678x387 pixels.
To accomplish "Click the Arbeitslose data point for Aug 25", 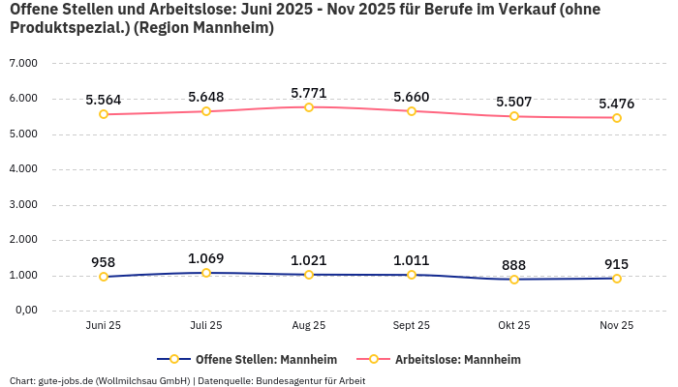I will click(x=309, y=106).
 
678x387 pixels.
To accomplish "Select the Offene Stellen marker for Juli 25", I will click(x=206, y=273).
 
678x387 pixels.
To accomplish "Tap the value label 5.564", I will click(x=104, y=100).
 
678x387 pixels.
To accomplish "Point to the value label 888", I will click(x=514, y=265).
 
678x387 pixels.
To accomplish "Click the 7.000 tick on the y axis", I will click(x=23, y=63).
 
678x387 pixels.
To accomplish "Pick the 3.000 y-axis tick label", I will click(x=23, y=204).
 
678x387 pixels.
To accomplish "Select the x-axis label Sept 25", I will click(x=412, y=326).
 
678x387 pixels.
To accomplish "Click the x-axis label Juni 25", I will click(x=104, y=326).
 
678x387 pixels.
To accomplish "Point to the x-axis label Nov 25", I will click(x=616, y=326).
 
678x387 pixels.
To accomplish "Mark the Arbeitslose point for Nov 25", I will click(x=617, y=118).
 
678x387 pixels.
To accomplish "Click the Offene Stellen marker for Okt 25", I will click(x=514, y=280).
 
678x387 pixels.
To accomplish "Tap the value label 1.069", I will click(x=206, y=258).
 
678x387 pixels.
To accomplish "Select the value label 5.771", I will click(x=309, y=93).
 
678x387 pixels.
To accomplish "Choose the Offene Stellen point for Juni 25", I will click(x=104, y=277).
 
